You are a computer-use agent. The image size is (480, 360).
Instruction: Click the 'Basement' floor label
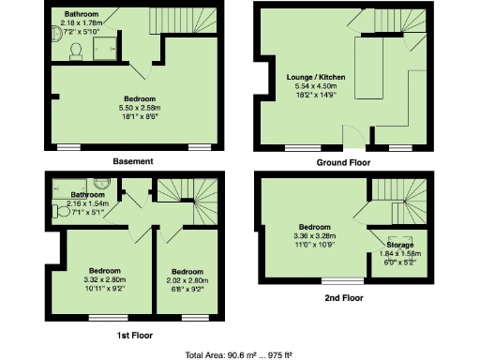tap(132, 161)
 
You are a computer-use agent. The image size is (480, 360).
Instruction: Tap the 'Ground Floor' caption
tap(344, 161)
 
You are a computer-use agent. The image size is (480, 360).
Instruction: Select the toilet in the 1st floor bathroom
tap(104, 184)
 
